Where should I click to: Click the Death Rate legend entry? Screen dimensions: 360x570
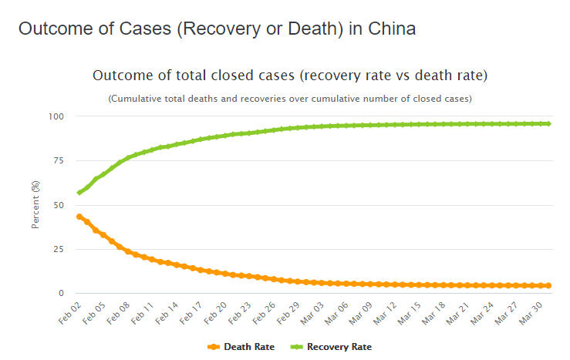[x=241, y=347]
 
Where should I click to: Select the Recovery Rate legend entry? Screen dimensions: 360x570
[x=332, y=347]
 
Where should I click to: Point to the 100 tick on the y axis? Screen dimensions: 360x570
[x=56, y=116]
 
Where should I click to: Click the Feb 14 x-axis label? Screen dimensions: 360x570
[x=169, y=311]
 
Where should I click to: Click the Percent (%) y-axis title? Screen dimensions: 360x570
[x=35, y=205]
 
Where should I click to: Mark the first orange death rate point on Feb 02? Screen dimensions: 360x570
[x=79, y=217]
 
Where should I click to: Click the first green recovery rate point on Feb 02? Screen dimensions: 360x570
[x=79, y=193]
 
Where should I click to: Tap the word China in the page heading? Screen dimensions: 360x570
[x=392, y=30]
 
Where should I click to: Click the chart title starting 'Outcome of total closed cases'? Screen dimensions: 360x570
[x=290, y=76]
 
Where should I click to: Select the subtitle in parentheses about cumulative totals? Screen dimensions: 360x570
[x=290, y=99]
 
